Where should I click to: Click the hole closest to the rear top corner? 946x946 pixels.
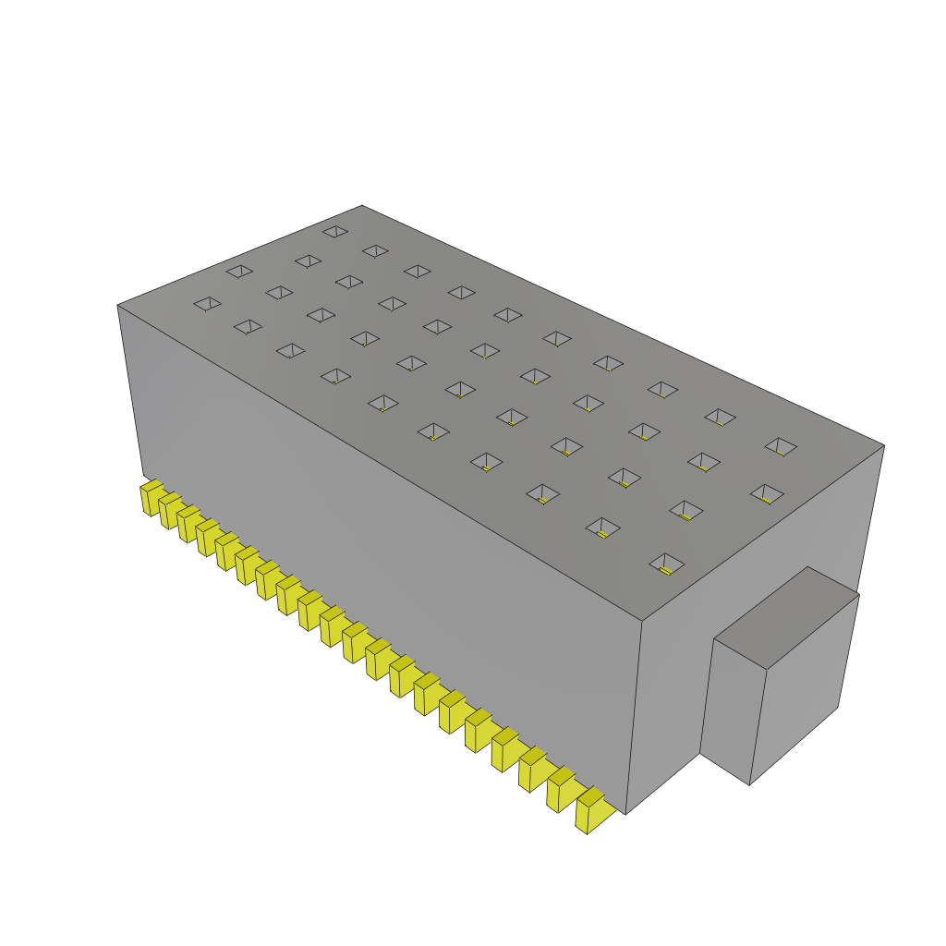[x=335, y=231]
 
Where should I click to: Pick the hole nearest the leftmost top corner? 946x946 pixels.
[x=207, y=303]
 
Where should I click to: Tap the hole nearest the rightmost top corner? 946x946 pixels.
[x=781, y=446]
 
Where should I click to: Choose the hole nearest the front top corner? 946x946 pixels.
[x=666, y=563]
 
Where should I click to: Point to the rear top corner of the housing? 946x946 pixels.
[x=362, y=205]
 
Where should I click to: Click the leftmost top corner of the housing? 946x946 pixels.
[x=117, y=305]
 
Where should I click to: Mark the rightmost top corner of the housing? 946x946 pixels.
[x=884, y=445]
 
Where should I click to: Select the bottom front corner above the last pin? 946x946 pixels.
[x=626, y=814]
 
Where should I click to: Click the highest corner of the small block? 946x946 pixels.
[x=808, y=566]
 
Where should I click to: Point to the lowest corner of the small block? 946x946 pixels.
[x=749, y=785]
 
